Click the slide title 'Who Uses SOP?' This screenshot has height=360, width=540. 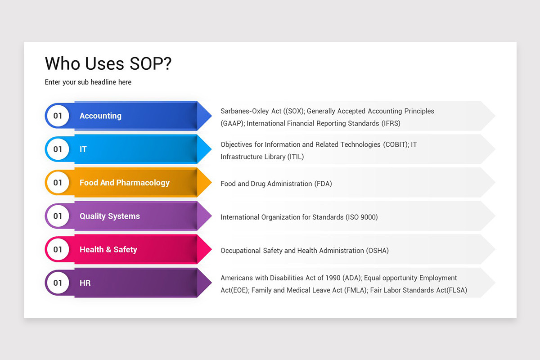tap(108, 64)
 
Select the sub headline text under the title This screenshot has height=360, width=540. tap(88, 82)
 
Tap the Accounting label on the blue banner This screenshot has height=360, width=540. tap(100, 116)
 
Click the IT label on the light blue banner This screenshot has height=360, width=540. tap(83, 149)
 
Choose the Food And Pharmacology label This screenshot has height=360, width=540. tap(125, 183)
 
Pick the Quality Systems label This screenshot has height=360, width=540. tap(110, 216)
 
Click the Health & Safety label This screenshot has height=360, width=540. tap(108, 249)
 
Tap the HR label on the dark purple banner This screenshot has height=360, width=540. tap(85, 283)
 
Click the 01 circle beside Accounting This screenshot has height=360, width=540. tap(58, 116)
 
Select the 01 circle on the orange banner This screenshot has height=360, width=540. tap(58, 183)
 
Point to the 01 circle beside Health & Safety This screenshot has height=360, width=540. tap(58, 249)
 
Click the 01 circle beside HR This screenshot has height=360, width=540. tap(58, 283)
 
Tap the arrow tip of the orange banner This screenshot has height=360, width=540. tap(206, 183)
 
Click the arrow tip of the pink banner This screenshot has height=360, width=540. tap(206, 249)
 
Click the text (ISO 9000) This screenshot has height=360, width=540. tap(361, 217)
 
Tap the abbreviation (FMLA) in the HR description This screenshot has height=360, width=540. tap(354, 290)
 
